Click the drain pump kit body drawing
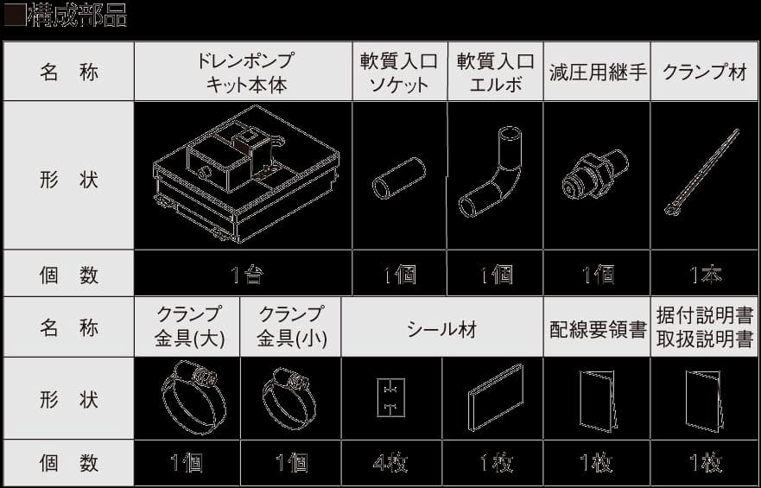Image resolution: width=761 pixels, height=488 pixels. pyautogui.click(x=243, y=176)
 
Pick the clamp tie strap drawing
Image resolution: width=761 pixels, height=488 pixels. pyautogui.click(x=703, y=173)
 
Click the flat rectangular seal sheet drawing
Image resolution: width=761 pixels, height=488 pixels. pyautogui.click(x=496, y=397)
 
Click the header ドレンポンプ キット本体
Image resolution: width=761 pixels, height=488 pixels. pyautogui.click(x=244, y=72)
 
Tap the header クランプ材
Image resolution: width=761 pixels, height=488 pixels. pyautogui.click(x=704, y=72)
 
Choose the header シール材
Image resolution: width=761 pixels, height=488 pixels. pyautogui.click(x=441, y=328)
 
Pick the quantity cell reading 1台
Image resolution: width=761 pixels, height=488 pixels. pyautogui.click(x=244, y=276)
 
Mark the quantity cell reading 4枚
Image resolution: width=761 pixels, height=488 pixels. pyautogui.click(x=390, y=464)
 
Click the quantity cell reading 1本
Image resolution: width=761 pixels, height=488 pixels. pyautogui.click(x=704, y=276)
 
